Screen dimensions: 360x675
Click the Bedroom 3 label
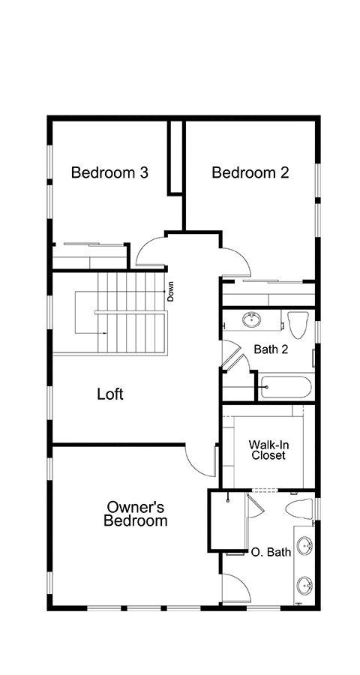(109, 172)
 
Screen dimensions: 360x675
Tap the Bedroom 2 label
(250, 172)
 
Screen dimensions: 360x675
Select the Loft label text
(110, 394)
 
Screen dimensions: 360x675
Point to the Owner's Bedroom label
(135, 514)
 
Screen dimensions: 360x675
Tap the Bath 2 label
(271, 349)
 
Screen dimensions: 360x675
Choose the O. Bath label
(271, 552)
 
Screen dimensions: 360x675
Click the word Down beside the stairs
(170, 291)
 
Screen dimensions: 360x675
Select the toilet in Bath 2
(298, 324)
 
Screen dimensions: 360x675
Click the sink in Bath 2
(251, 319)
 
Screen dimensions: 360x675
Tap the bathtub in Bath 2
(285, 387)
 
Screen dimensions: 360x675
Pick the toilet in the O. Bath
(298, 508)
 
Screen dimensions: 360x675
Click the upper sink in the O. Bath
(305, 545)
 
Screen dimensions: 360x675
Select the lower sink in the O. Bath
(305, 585)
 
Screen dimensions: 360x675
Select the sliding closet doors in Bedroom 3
(94, 244)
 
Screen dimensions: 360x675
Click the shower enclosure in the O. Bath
(227, 521)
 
